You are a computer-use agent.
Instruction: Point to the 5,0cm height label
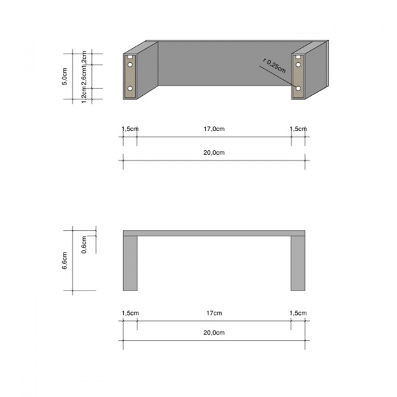click(x=64, y=77)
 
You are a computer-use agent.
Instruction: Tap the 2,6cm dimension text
click(x=84, y=76)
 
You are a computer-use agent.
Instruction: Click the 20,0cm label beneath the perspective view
click(x=214, y=153)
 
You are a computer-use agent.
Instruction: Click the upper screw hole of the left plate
click(x=130, y=65)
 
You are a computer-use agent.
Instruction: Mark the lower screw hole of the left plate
click(x=130, y=88)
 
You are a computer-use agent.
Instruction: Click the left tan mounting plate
click(x=130, y=77)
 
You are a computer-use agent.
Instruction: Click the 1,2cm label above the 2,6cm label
click(x=84, y=58)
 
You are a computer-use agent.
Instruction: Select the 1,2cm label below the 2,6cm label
click(x=84, y=95)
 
